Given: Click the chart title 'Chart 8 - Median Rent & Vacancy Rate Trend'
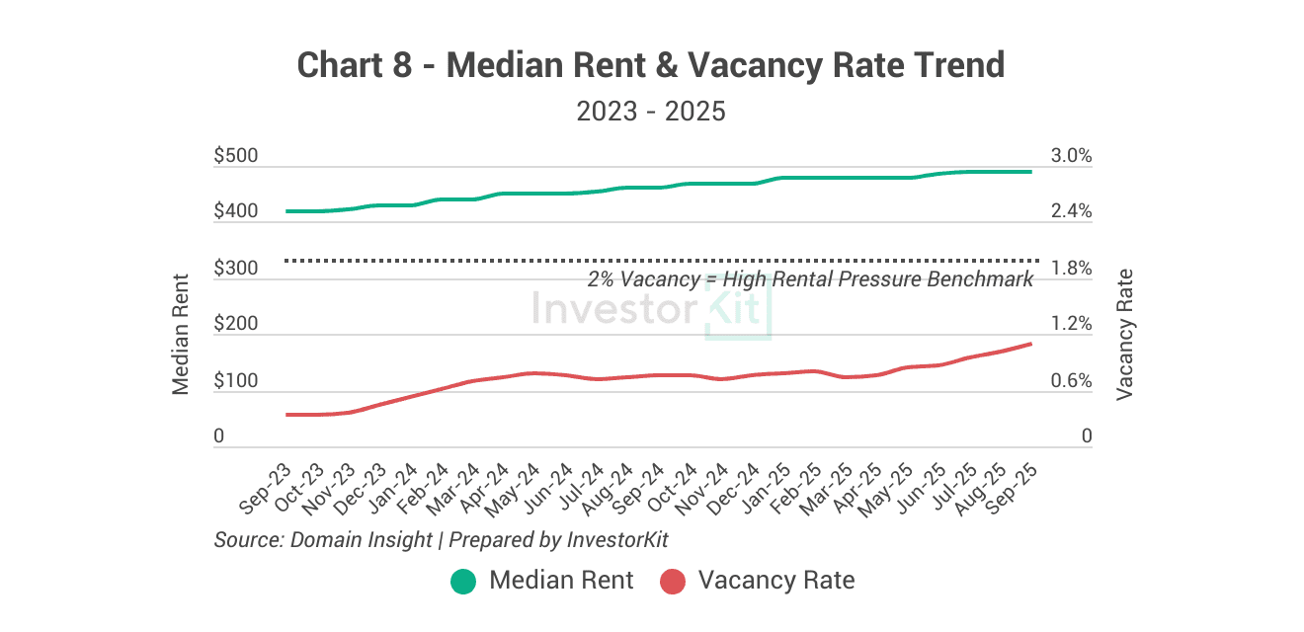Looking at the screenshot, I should coord(651,66).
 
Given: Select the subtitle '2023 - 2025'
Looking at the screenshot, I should coord(651,111).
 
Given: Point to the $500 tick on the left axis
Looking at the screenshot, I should coord(235,156).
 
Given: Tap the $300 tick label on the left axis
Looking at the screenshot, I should coord(235,269).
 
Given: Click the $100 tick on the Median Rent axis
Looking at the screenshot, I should coord(235,381).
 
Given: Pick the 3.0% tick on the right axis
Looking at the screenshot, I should coord(1071,156).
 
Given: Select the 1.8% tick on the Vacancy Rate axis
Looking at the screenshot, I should coord(1071,269).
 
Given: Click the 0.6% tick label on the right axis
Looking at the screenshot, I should coord(1071,381).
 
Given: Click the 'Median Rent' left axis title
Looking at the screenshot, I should coord(181,333).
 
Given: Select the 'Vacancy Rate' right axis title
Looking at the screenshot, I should coord(1124,334).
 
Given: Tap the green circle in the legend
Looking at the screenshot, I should coord(463,581).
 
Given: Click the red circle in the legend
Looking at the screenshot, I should coord(673,581).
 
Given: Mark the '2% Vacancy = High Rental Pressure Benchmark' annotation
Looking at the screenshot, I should coord(810,279).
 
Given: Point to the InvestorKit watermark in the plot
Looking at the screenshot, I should coord(651,309).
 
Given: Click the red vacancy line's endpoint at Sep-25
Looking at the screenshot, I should coord(1031,344).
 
